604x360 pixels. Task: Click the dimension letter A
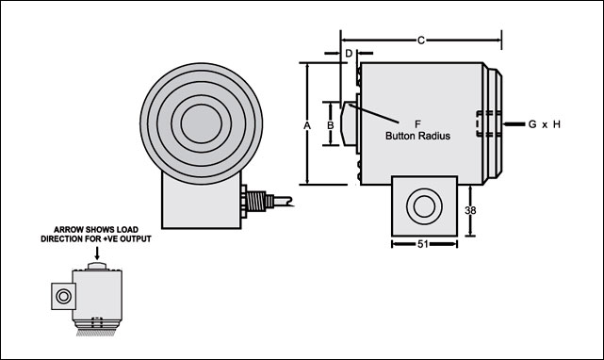[307, 125]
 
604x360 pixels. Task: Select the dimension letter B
[330, 125]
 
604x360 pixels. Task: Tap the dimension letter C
[421, 41]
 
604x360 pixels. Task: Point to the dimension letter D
[349, 53]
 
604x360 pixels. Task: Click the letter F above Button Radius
[417, 124]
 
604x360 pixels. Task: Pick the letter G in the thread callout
[532, 124]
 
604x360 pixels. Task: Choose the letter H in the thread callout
[557, 124]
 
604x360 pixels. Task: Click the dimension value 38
[470, 210]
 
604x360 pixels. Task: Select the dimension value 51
[423, 244]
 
